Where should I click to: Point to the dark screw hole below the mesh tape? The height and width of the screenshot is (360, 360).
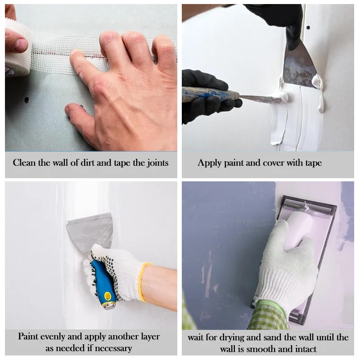[27, 100]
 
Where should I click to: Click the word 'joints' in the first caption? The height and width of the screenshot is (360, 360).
[157, 163]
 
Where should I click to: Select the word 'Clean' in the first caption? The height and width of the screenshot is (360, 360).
[25, 162]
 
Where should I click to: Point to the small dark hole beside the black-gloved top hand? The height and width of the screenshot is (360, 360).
[308, 27]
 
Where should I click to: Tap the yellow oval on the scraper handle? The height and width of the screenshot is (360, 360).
[108, 297]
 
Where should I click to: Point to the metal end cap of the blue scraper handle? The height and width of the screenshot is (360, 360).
[110, 306]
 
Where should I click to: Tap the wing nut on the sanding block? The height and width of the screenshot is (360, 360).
[305, 206]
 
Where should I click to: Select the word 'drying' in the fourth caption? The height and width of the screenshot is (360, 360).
[232, 338]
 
